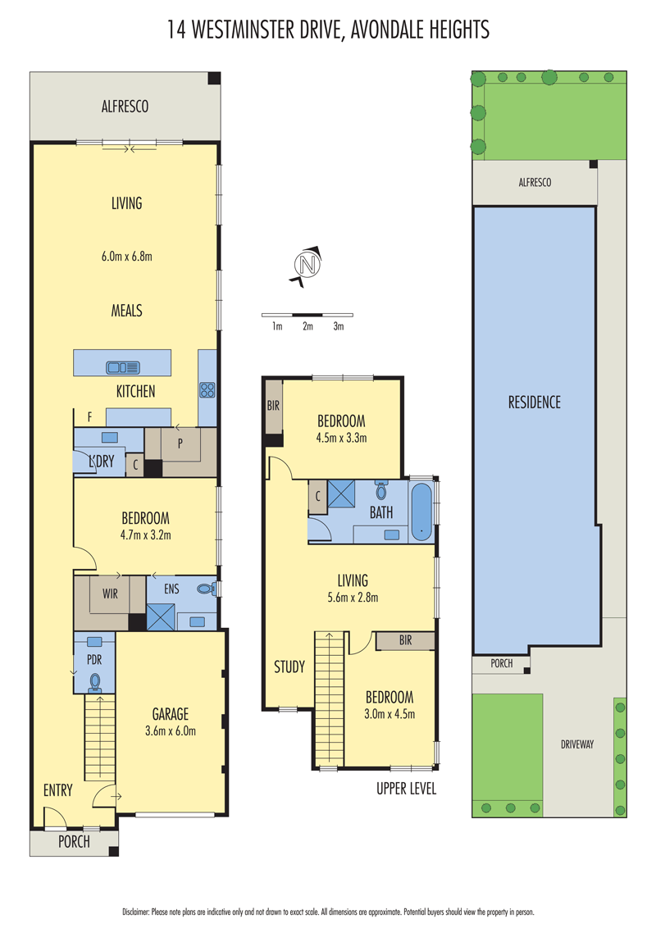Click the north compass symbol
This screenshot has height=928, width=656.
click(307, 265)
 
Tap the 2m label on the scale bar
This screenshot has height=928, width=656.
click(307, 326)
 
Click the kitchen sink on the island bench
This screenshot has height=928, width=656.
click(123, 367)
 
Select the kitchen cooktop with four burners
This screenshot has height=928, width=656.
click(207, 389)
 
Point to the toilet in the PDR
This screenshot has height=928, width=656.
click(94, 683)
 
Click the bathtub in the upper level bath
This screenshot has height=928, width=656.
click(421, 512)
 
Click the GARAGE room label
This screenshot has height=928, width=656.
click(171, 714)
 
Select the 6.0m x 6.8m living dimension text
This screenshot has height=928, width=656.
click(127, 257)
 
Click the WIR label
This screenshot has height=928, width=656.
click(110, 594)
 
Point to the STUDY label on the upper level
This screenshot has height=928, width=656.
click(289, 667)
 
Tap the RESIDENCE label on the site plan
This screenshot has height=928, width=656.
click(534, 403)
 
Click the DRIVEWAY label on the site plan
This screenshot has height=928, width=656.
click(577, 744)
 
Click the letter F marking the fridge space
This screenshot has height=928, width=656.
click(90, 417)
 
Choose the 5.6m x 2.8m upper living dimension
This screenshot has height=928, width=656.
click(353, 598)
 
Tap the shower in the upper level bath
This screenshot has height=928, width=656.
click(342, 494)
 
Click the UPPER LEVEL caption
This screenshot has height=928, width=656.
click(406, 789)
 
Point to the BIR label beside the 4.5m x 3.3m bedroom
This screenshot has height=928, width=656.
click(273, 406)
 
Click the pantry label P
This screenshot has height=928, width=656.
click(180, 443)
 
